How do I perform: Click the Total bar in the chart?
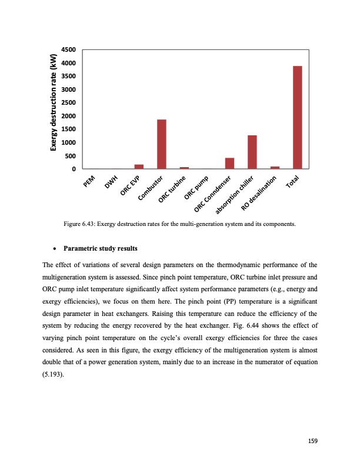coord(297,118)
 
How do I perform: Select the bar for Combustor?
coord(161,144)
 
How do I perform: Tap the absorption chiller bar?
coord(252,152)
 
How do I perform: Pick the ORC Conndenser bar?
coord(229,164)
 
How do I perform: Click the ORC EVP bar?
coord(139,167)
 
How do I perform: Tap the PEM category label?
coord(89,183)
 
